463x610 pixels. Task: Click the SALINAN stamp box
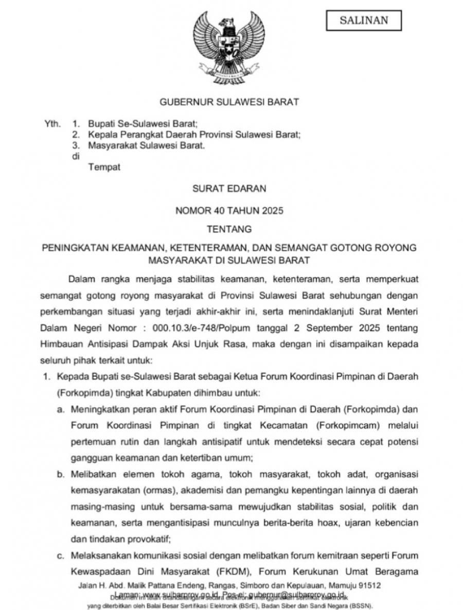364,21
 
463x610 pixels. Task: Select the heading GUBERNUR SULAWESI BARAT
229,102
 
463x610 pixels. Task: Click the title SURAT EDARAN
229,189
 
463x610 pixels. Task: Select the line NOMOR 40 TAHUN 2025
229,210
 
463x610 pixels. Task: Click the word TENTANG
229,228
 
